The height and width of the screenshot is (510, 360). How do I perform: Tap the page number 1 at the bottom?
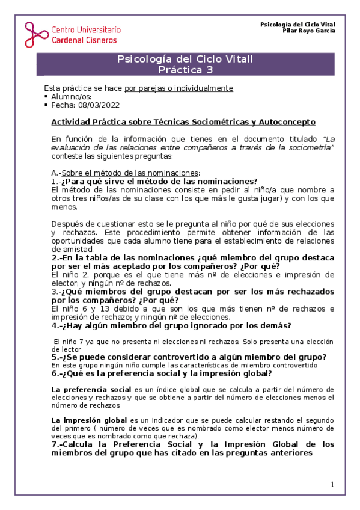(332, 485)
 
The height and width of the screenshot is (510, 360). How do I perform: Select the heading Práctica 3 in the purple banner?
(185, 70)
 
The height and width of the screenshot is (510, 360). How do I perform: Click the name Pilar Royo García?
(309, 31)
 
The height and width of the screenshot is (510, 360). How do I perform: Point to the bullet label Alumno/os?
(72, 96)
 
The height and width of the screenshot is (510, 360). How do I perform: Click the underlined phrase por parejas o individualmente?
(178, 88)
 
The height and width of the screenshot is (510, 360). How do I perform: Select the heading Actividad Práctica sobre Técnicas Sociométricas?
(183, 122)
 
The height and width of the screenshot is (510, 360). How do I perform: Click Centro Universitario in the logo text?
(87, 29)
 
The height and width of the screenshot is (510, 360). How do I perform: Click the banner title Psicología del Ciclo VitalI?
(185, 60)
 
